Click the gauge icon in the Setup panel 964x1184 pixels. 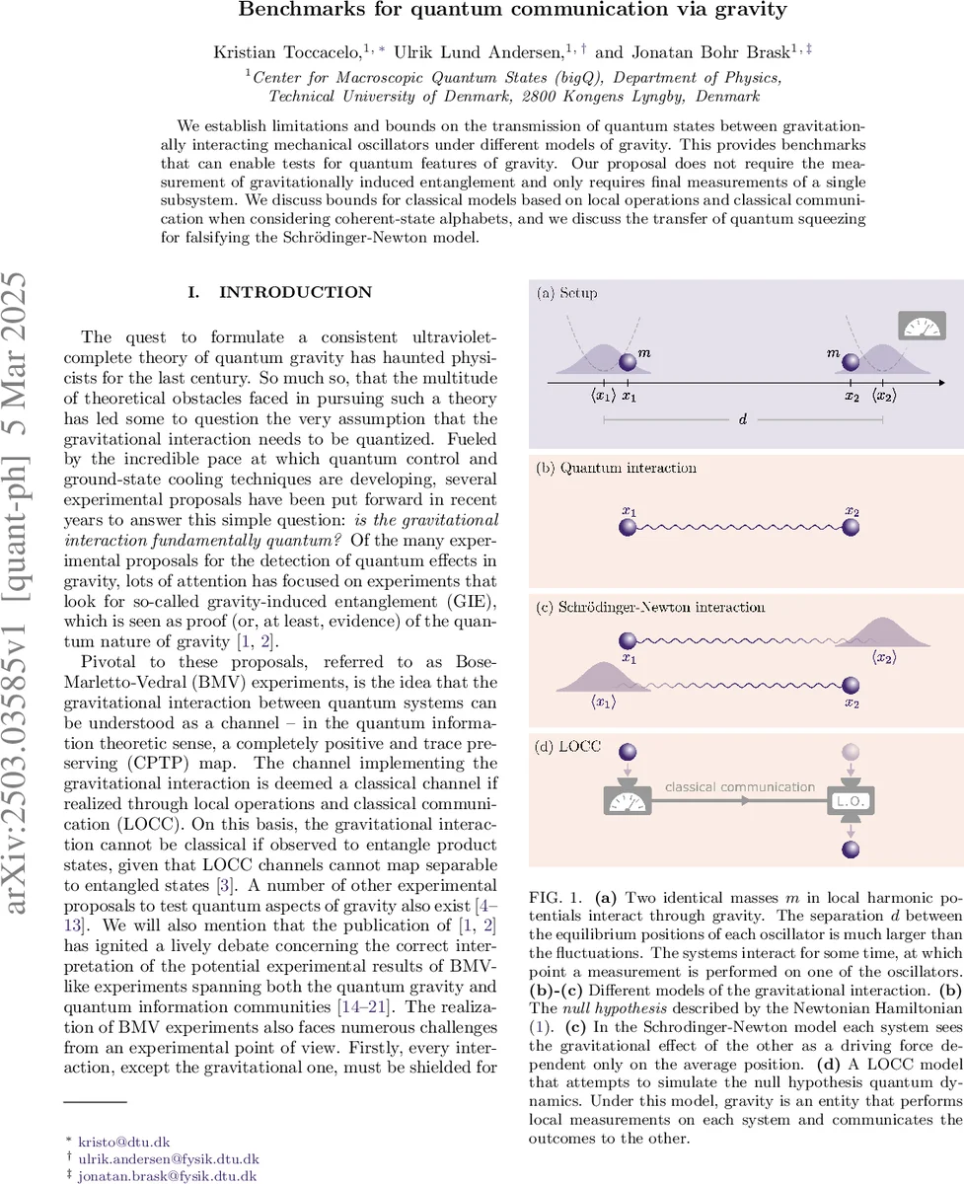[923, 326]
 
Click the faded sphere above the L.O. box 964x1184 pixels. [847, 753]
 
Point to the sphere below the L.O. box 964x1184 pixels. [847, 849]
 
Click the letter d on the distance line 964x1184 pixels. [742, 419]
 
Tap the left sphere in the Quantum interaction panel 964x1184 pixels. [628, 528]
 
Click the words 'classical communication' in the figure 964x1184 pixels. [739, 786]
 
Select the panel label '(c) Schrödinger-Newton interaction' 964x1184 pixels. [651, 607]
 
